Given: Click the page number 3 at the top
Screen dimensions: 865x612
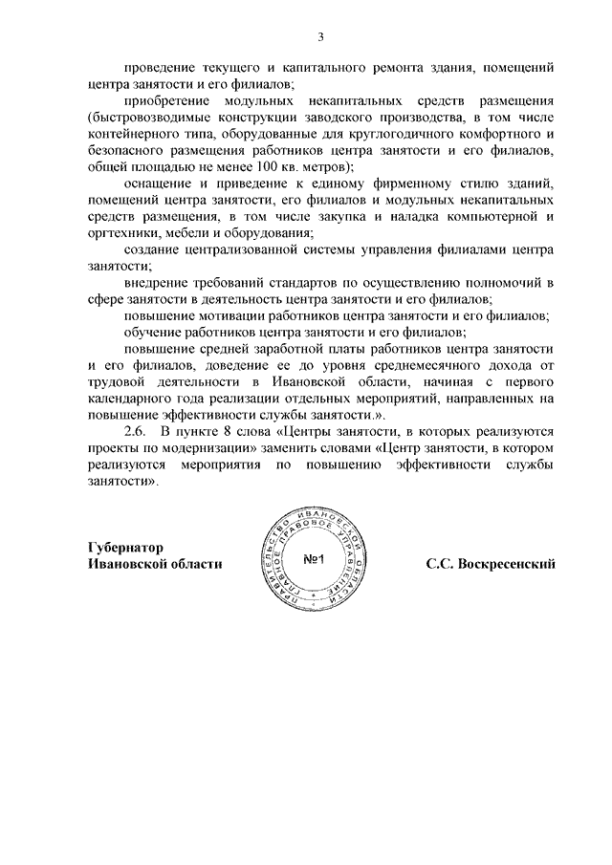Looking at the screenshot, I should (x=322, y=35).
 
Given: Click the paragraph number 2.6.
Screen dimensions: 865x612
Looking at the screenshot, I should (x=137, y=433).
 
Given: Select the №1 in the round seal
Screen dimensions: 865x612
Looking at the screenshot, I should (x=315, y=561).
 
